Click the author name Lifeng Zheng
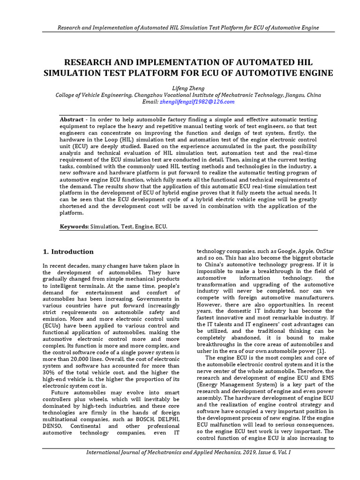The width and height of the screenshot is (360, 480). tap(180, 88)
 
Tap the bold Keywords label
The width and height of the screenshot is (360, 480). tap(74, 226)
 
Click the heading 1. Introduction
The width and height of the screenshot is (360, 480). tap(68, 252)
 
